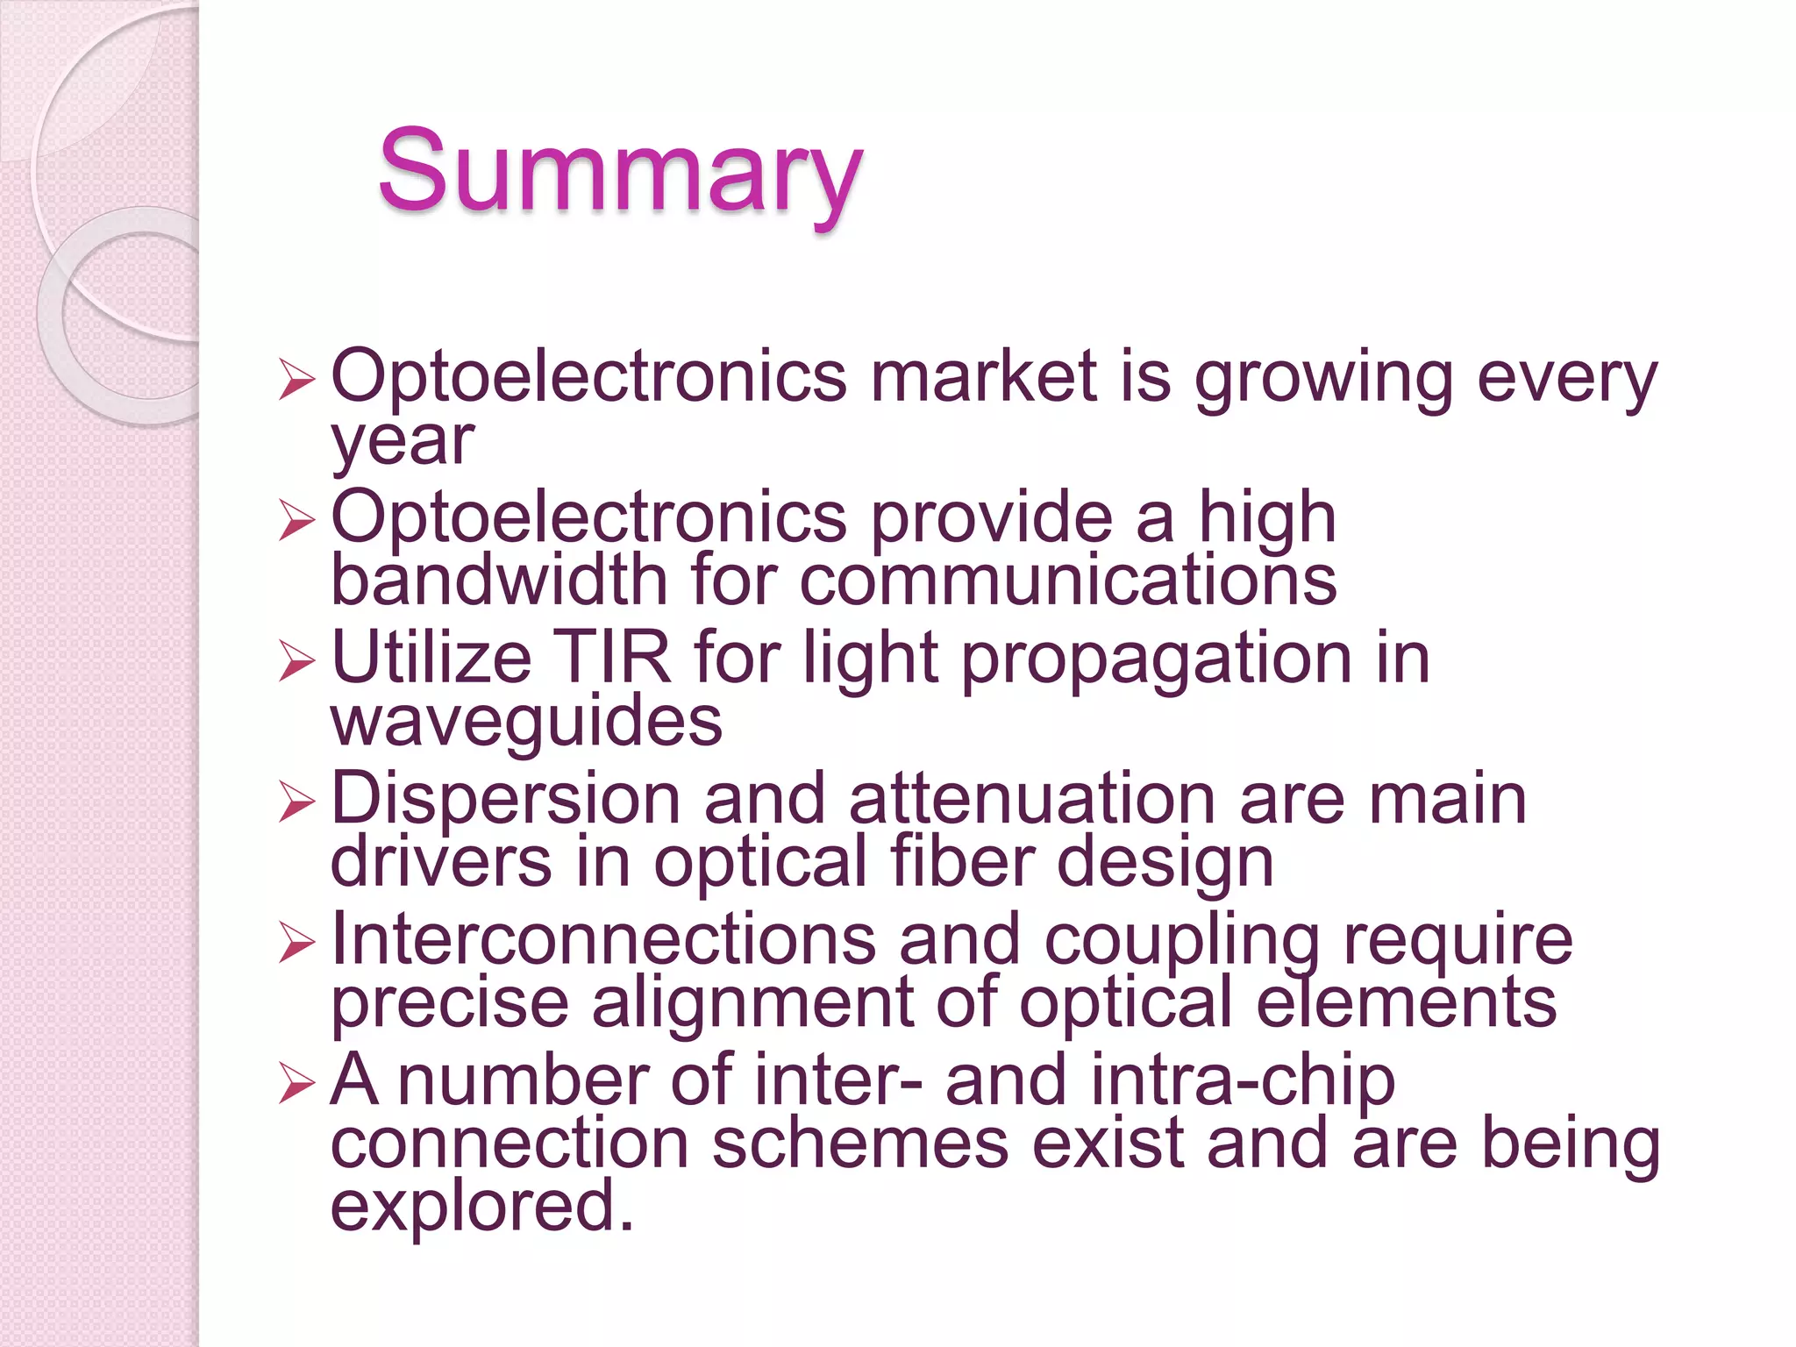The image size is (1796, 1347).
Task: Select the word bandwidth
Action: (x=499, y=581)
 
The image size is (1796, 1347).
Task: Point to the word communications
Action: (x=1067, y=581)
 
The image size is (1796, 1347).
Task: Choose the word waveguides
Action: (x=526, y=722)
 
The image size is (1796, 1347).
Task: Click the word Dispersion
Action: (x=506, y=799)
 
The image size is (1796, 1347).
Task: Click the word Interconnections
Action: (x=603, y=939)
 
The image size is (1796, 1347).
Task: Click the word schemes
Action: (x=859, y=1144)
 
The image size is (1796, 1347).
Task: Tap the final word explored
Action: (x=481, y=1207)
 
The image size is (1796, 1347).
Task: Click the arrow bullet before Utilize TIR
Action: (x=296, y=660)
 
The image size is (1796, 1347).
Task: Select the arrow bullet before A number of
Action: (x=296, y=1083)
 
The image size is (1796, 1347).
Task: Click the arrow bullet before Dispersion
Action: (x=296, y=802)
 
